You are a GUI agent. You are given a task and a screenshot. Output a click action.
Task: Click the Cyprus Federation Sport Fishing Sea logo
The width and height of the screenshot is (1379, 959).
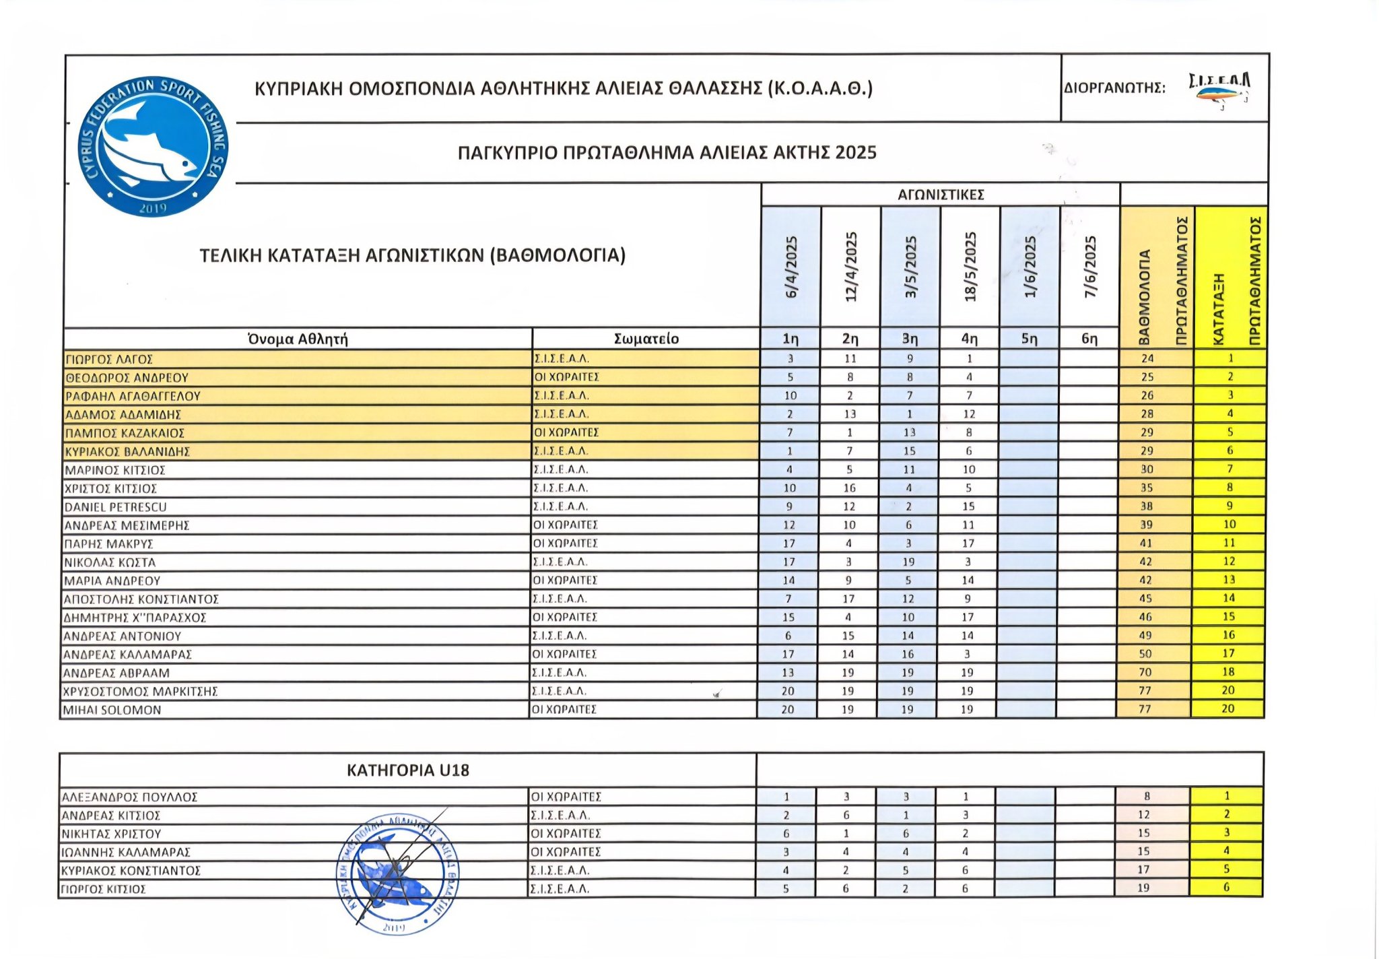coord(153,146)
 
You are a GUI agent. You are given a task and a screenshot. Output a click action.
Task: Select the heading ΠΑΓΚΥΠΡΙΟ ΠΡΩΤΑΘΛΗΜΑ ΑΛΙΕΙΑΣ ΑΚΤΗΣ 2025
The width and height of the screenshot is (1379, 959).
coord(667,153)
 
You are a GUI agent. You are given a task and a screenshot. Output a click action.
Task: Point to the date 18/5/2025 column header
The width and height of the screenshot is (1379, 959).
coord(970,267)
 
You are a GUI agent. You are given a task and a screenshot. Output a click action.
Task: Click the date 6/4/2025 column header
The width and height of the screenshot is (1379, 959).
coord(791,267)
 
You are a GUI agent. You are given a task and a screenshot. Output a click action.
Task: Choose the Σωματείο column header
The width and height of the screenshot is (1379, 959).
coord(646,339)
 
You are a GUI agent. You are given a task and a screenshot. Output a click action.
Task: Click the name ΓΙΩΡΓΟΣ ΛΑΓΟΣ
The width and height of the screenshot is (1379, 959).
coord(109,360)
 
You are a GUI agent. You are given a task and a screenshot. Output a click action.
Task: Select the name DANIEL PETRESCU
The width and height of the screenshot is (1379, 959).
coord(115,507)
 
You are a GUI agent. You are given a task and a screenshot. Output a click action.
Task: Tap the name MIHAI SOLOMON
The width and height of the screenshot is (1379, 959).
coord(112,710)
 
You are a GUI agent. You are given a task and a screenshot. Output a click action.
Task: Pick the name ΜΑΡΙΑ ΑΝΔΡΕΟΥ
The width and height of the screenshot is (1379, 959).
coord(112,581)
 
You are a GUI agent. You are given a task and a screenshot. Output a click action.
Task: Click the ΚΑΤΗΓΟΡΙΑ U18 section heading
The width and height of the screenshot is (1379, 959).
coord(407,770)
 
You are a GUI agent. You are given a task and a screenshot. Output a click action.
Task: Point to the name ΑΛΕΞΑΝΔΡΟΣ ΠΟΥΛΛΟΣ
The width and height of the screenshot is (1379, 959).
coord(129,797)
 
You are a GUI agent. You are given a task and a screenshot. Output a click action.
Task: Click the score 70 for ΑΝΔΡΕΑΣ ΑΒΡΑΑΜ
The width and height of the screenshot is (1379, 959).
coord(1145,672)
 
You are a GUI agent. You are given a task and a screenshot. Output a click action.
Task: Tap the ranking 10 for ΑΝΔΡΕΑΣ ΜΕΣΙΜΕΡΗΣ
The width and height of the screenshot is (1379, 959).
coord(1230,525)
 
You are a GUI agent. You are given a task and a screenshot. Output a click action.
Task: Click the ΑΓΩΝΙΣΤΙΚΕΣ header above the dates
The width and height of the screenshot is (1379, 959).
coord(941,195)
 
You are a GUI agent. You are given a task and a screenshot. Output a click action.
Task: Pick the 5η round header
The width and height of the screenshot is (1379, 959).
coord(1029,339)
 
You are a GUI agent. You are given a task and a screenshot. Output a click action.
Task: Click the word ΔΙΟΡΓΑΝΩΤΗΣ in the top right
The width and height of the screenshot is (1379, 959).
coord(1114,88)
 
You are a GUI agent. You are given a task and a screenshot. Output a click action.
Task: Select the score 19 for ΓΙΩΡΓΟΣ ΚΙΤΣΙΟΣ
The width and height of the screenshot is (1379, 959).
coord(1143,888)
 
